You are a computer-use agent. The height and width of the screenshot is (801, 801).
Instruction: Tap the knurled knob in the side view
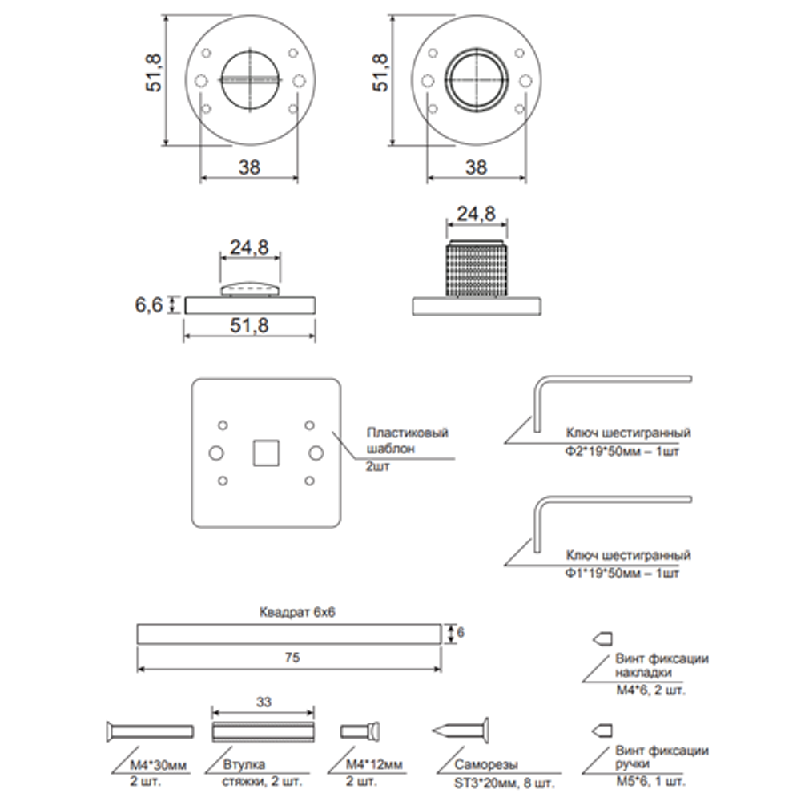point(477,268)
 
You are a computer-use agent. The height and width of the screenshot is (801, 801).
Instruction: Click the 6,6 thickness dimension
point(148,304)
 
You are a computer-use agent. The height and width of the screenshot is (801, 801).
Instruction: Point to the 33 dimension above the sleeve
point(265,701)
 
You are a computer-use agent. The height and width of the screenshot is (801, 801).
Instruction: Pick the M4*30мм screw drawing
point(149,731)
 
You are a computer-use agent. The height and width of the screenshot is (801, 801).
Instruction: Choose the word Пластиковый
point(406,433)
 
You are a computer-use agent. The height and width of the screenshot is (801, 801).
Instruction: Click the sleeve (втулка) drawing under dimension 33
point(266,731)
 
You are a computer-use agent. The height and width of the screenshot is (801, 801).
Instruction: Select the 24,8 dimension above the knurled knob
point(476,214)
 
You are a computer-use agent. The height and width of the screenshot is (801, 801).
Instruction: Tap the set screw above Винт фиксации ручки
point(602,730)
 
